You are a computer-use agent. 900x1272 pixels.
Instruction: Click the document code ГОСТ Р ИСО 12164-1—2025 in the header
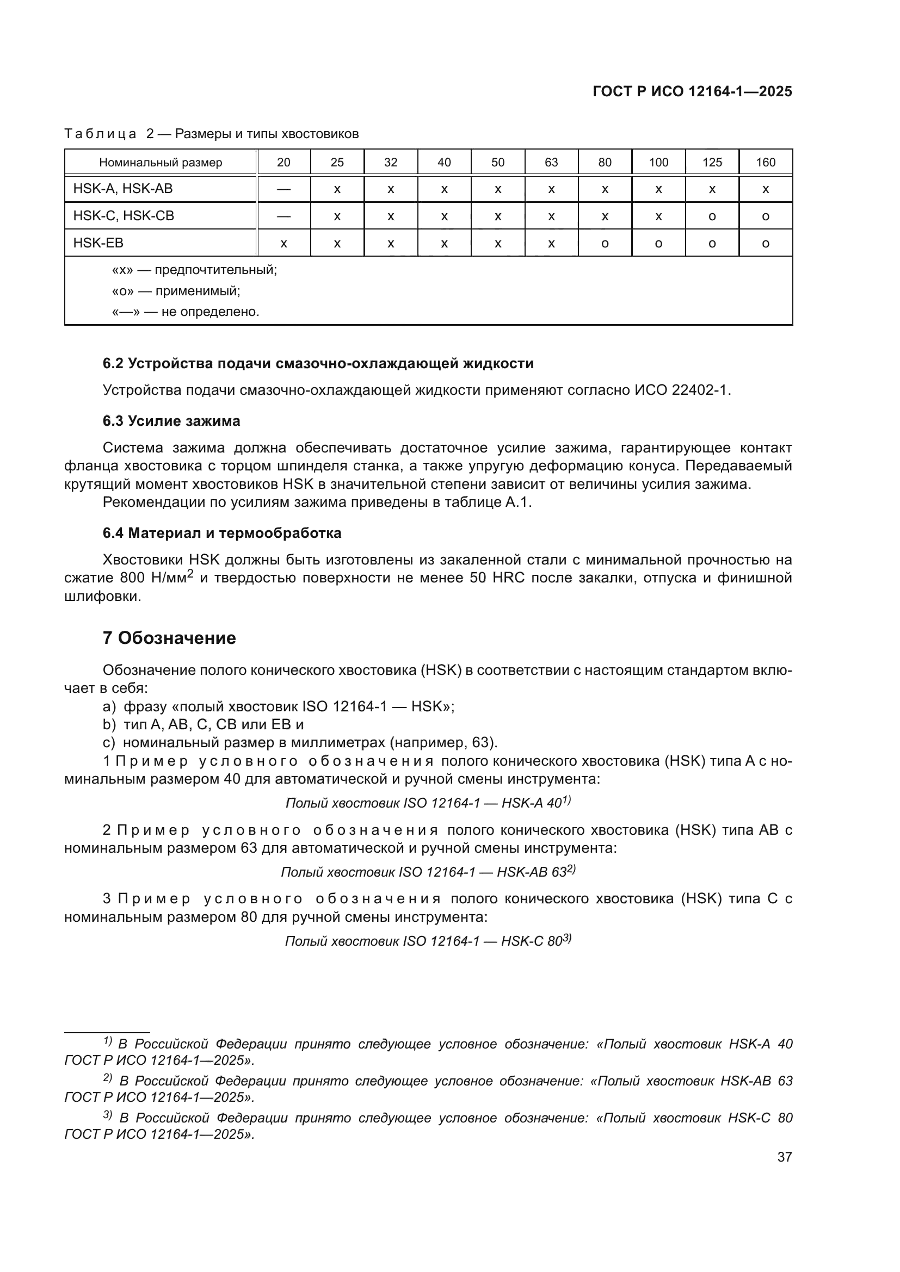click(x=692, y=92)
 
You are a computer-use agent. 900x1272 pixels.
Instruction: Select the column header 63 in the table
click(x=551, y=162)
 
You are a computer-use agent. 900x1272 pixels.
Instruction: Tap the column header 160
click(x=766, y=162)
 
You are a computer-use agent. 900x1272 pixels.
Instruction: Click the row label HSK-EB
click(x=98, y=243)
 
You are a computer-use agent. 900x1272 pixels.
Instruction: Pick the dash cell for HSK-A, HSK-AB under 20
click(x=283, y=189)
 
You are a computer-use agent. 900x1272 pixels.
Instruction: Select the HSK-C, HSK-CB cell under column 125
click(x=712, y=216)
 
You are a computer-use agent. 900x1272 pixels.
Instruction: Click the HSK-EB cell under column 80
click(x=605, y=243)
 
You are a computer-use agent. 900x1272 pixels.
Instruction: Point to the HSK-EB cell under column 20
click(x=283, y=243)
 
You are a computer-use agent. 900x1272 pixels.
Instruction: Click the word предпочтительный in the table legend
click(x=215, y=270)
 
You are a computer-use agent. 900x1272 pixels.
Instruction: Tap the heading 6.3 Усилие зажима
click(x=171, y=421)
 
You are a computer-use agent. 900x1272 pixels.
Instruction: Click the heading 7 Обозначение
click(x=169, y=638)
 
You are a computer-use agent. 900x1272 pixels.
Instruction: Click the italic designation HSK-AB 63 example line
click(x=428, y=872)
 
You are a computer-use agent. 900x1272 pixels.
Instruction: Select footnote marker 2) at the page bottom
click(x=108, y=1077)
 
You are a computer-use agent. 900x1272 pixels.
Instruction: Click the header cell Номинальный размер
click(x=160, y=162)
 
